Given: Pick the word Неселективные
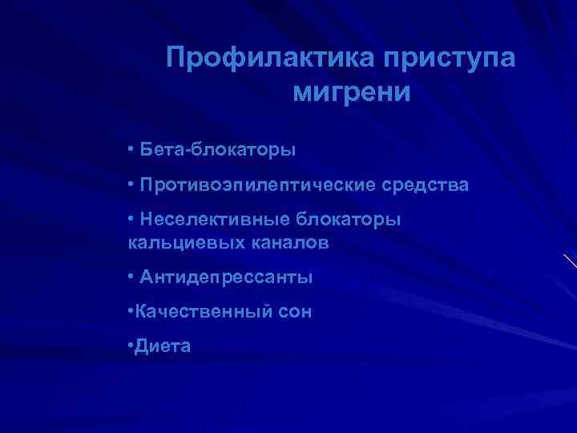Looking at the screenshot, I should (x=214, y=219).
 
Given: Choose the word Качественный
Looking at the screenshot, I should (x=195, y=311).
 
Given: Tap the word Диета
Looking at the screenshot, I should (x=163, y=346).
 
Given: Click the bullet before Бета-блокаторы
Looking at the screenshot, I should (x=130, y=150).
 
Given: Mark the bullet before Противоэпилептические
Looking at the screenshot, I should (x=130, y=185).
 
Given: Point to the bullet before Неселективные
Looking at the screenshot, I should (x=130, y=220).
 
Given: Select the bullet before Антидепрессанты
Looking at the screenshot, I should (x=130, y=277).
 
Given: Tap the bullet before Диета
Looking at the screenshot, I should (x=130, y=346).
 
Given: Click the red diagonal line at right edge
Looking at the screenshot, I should (x=569, y=261).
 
